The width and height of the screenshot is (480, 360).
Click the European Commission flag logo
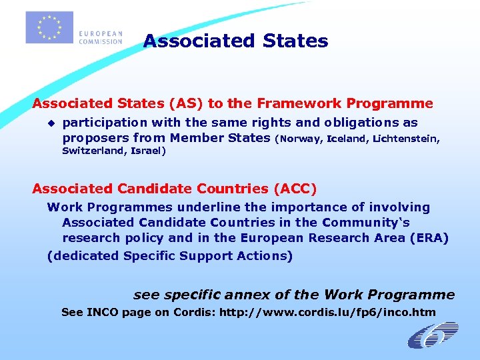(x=49, y=27)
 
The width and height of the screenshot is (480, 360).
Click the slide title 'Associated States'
(x=235, y=41)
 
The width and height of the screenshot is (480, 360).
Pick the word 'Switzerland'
(x=93, y=151)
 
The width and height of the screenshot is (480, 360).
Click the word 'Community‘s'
(x=369, y=223)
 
